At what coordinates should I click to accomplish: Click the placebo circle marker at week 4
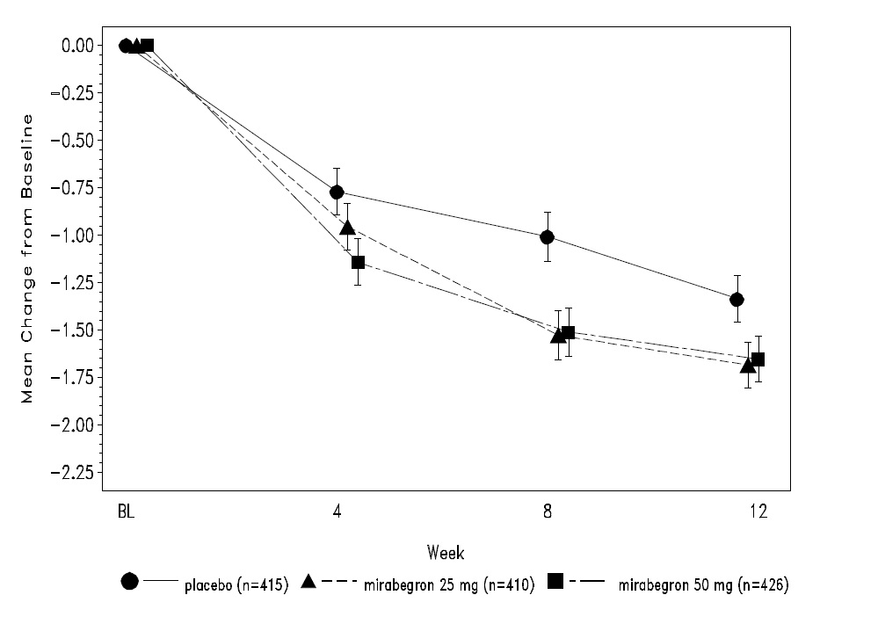click(337, 192)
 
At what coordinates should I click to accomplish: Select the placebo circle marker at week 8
click(547, 236)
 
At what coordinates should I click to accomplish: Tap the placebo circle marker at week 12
click(737, 300)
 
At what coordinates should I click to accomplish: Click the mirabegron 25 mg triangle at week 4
click(347, 229)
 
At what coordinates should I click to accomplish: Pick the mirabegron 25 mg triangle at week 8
click(557, 336)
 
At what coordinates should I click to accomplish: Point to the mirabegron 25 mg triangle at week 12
click(747, 366)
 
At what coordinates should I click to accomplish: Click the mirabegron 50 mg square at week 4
click(358, 262)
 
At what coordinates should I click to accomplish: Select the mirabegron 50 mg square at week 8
click(568, 332)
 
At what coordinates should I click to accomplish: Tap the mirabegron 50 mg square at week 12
click(758, 359)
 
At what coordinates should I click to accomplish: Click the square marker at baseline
click(147, 45)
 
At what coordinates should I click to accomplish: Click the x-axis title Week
click(446, 553)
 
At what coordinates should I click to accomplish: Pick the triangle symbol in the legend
click(308, 581)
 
